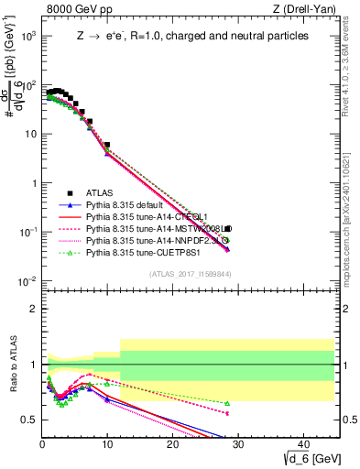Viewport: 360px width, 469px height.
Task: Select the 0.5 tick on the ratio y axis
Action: (29, 420)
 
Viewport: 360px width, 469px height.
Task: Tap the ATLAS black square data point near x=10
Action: (107, 145)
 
